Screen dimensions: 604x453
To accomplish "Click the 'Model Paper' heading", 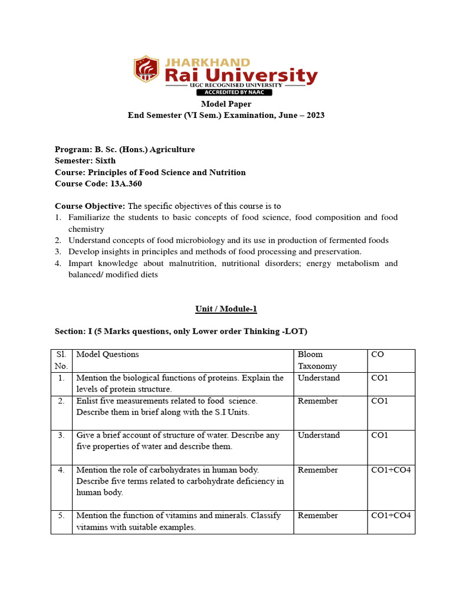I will click(226, 104).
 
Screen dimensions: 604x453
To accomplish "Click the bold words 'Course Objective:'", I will click(90, 206).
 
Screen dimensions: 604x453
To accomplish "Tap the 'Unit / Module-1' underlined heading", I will click(226, 308).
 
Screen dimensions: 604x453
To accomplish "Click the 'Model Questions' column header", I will click(108, 354).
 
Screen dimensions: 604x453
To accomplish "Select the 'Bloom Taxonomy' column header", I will click(317, 360).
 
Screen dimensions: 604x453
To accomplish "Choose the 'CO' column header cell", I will click(377, 354).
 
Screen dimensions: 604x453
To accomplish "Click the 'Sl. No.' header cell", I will click(61, 360).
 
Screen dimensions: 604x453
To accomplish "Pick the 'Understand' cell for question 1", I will click(319, 377).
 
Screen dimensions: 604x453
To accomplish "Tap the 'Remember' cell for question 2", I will click(318, 401).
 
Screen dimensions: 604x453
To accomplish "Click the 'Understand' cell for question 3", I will click(319, 435).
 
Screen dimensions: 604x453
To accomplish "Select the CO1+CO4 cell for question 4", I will click(390, 470).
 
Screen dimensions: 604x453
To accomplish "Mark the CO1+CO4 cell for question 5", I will click(390, 515).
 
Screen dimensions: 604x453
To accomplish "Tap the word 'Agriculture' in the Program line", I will click(172, 149).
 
